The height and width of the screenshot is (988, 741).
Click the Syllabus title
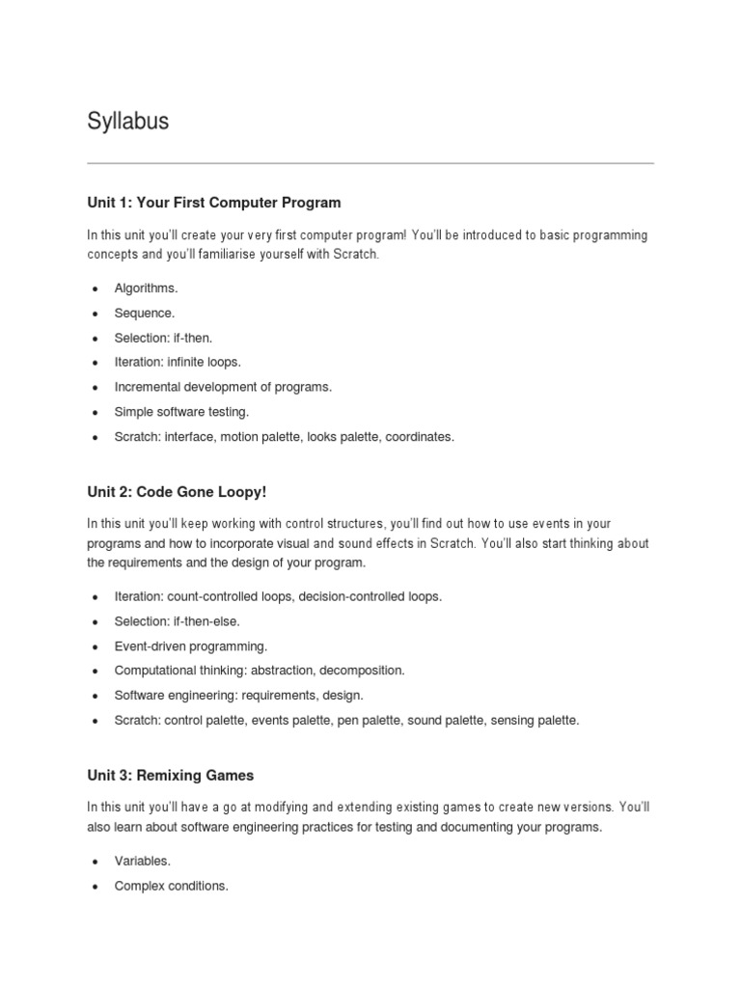(127, 122)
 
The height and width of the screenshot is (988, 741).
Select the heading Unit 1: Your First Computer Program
(213, 203)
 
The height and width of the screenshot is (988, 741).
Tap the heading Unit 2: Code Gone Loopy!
(176, 491)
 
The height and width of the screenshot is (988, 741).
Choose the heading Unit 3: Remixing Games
(170, 776)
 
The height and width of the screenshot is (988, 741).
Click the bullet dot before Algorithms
(95, 288)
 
